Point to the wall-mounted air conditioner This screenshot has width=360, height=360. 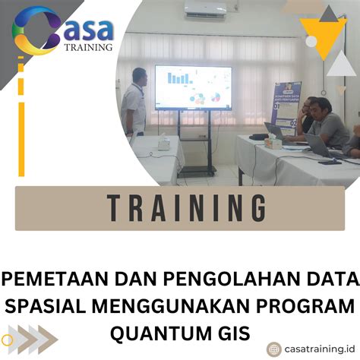[204, 10]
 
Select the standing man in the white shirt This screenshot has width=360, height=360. [134, 103]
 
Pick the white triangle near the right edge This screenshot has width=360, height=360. [341, 62]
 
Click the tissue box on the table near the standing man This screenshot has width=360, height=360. [163, 142]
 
